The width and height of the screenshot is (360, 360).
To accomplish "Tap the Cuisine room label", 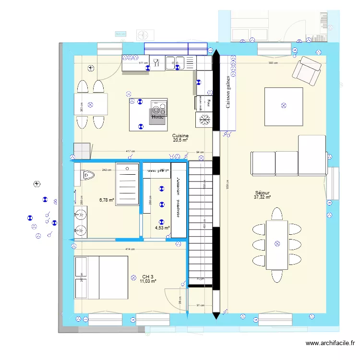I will click(x=180, y=136).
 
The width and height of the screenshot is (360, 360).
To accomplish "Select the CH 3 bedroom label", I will click(x=148, y=277).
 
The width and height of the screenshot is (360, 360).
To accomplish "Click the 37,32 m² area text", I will click(x=263, y=197).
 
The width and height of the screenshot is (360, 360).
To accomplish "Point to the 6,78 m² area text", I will click(x=107, y=200).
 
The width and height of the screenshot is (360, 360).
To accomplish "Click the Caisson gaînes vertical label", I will click(x=228, y=92).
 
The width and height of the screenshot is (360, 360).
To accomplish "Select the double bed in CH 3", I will click(x=101, y=277).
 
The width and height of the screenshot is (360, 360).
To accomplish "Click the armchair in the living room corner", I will click(x=306, y=70).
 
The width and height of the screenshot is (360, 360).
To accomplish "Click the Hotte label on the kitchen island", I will click(x=157, y=117).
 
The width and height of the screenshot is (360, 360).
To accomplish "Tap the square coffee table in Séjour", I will click(x=283, y=106).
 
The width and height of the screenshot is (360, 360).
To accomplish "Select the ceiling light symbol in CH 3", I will click(x=133, y=277).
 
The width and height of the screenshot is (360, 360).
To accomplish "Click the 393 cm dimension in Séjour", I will click(x=273, y=63).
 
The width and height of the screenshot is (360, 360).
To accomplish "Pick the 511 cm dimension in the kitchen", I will click(x=143, y=63).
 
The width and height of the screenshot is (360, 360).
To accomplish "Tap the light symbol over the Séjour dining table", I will click(x=276, y=244).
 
